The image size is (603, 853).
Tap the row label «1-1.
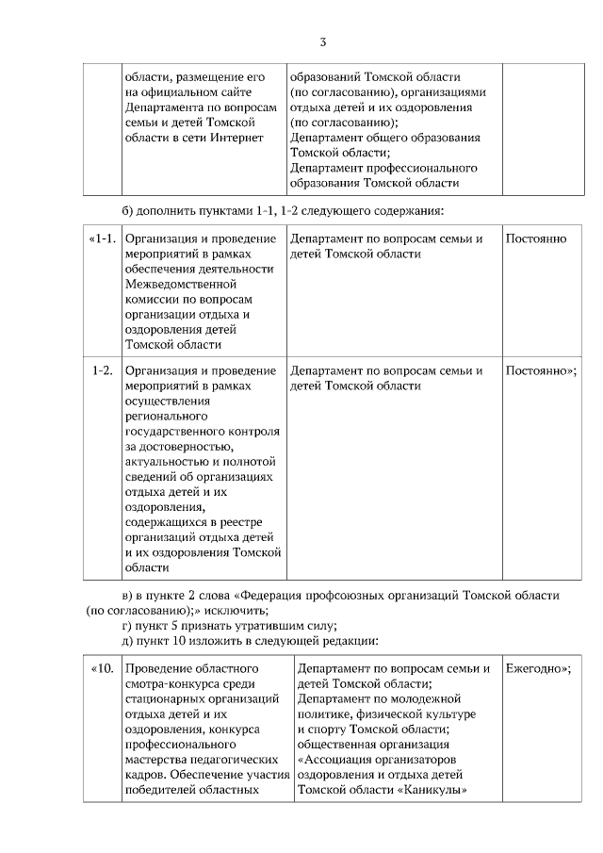[101, 238]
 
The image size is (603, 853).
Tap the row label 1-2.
[103, 370]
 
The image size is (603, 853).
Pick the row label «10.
[101, 669]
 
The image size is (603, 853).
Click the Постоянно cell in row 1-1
[536, 238]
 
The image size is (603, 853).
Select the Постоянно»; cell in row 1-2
[541, 370]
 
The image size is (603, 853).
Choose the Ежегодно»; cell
[539, 669]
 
